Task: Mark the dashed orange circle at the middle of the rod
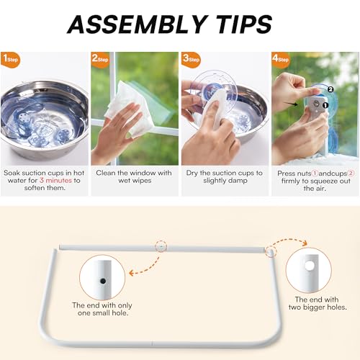click(161, 246)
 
